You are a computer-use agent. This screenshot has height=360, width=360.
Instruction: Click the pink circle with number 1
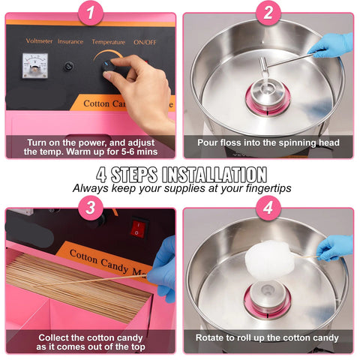(x=90, y=12)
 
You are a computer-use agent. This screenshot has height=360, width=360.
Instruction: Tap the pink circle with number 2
(x=268, y=12)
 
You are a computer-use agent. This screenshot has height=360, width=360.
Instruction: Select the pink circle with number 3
(x=90, y=208)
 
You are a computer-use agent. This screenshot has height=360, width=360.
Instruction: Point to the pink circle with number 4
(x=268, y=208)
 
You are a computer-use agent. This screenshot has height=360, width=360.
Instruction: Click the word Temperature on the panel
(x=108, y=42)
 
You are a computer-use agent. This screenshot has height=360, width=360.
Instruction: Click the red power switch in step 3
(x=138, y=226)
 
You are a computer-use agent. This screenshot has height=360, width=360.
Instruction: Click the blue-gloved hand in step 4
(x=334, y=247)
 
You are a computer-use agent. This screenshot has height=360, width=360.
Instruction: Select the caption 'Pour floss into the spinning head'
(x=268, y=142)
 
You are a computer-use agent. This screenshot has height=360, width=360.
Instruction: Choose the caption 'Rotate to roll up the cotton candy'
(x=268, y=337)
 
